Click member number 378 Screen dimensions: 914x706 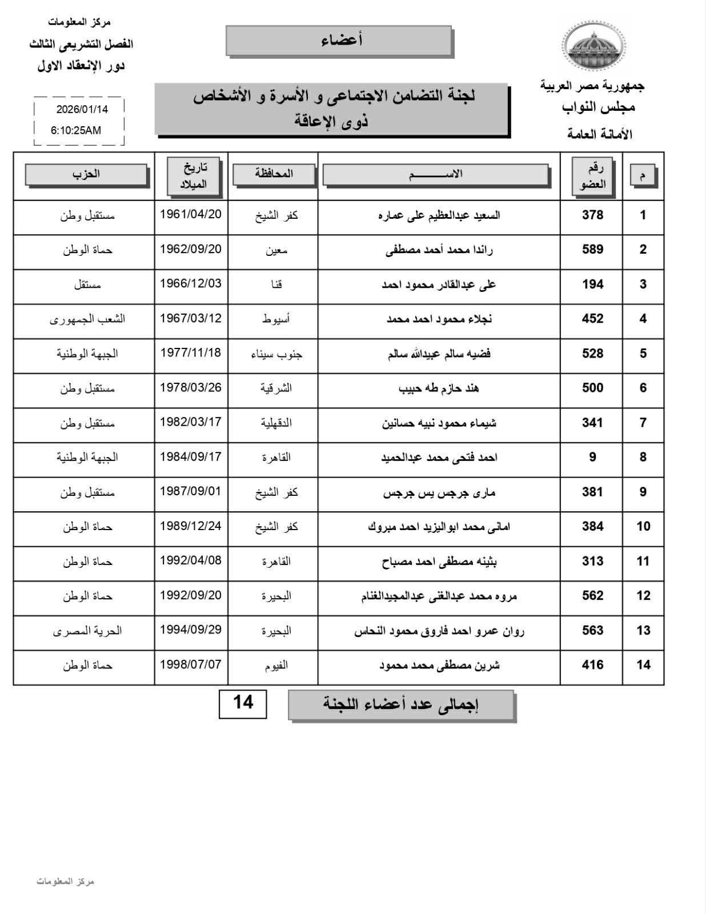pos(592,215)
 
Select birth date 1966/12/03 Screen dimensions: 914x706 pos(191,284)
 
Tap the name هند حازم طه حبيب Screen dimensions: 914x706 pos(439,388)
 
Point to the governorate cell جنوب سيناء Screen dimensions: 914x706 pos(276,354)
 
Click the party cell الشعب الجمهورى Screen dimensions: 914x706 pos(87,319)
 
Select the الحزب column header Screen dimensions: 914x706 pos(86,174)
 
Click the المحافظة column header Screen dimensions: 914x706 pos(274,174)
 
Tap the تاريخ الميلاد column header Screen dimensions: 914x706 pos(193,176)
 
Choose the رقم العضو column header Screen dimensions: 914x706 pos(592,177)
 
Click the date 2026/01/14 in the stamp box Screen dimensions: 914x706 pos(82,109)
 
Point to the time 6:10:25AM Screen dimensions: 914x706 pos(76,130)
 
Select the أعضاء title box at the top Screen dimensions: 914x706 pos(339,41)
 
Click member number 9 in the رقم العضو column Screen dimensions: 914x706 pos(592,457)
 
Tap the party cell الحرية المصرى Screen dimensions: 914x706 pos(87,631)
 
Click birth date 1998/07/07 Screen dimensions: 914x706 pos(191,665)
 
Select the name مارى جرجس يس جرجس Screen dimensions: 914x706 pos(439,492)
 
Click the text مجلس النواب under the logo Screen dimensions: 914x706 pos(598,108)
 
